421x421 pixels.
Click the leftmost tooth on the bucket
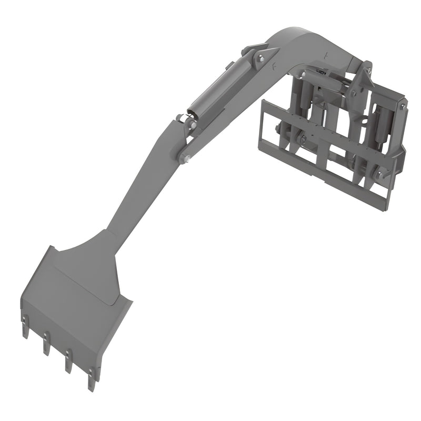coord(25,329)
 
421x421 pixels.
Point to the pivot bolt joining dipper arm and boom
coord(184,158)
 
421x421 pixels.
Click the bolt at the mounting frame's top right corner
coord(403,106)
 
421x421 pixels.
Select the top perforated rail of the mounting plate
coord(316,119)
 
